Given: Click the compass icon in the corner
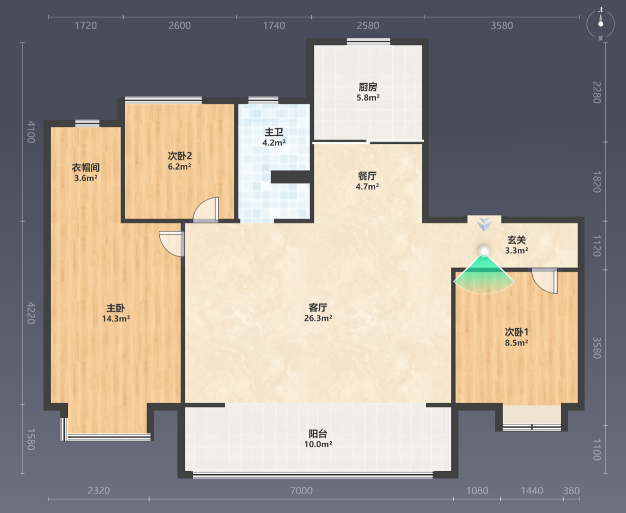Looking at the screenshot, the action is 600,25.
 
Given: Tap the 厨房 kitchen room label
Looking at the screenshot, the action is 368,87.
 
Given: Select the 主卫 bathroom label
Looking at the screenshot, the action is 274,132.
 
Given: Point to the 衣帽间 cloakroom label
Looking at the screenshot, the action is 85,167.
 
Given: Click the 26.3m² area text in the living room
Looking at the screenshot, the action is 318,319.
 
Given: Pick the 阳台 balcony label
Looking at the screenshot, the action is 318,434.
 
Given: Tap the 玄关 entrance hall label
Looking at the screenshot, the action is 516,240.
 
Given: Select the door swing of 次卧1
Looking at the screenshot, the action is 544,281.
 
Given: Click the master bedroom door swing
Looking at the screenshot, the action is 172,244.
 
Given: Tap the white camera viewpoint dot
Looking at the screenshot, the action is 484,252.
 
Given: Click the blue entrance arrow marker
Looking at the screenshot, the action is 485,224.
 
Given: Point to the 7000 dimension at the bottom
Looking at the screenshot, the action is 301,491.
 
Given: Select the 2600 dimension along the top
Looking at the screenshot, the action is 180,26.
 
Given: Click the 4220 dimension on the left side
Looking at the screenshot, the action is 31,313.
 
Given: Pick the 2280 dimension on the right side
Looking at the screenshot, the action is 597,92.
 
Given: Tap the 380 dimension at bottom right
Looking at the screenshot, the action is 571,491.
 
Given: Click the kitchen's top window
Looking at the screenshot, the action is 368,41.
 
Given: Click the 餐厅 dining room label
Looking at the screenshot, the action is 367,176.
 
